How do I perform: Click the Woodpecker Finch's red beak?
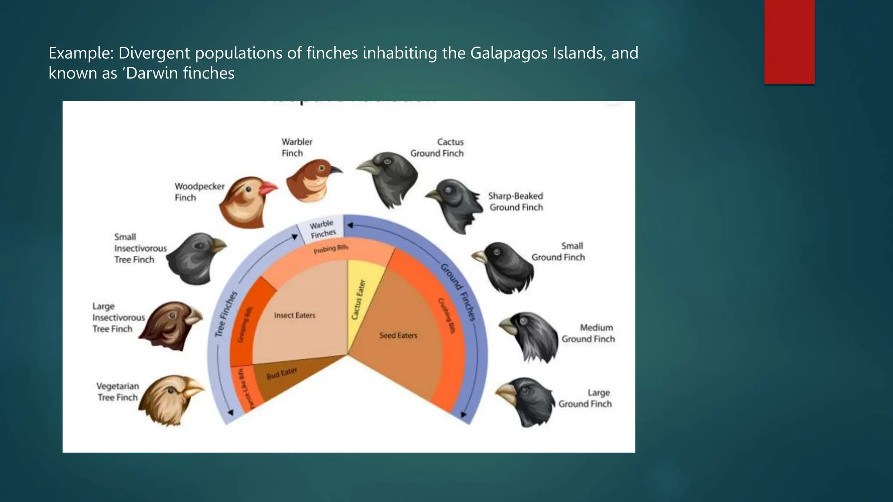[x=268, y=188]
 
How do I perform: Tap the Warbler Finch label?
[x=297, y=147]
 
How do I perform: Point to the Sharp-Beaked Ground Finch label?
[x=516, y=202]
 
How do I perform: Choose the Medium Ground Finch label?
[x=588, y=333]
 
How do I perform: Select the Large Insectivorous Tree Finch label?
[x=118, y=318]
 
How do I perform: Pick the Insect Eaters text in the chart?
[x=294, y=315]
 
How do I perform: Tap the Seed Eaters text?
[x=398, y=335]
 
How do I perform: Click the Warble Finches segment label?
[x=323, y=229]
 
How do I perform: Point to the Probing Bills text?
[x=331, y=249]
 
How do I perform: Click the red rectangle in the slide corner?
[x=789, y=41]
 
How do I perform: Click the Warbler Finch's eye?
[x=322, y=168]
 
